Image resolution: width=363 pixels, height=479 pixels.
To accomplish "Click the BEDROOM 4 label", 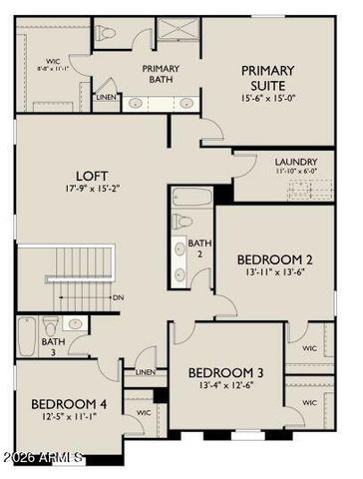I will pos(68,404).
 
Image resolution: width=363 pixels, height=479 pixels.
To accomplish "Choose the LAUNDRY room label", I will pos(296,162).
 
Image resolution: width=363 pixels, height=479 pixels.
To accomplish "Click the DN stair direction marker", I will pos(118,297).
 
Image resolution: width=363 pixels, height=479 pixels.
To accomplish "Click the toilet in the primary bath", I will pos(108,34).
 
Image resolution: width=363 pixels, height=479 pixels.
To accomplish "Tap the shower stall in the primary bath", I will pos(180,31).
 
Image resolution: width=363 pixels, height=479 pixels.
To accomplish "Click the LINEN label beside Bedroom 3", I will pos(146,372).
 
